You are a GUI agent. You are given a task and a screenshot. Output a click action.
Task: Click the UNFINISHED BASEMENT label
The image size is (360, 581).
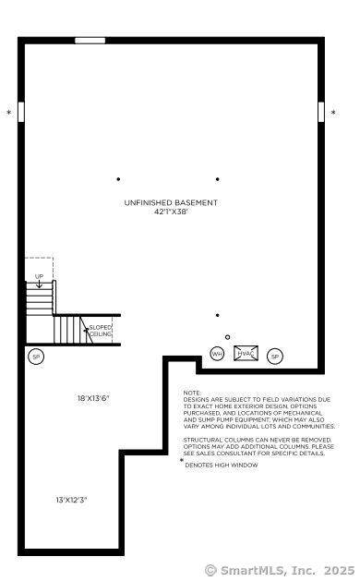point(171,202)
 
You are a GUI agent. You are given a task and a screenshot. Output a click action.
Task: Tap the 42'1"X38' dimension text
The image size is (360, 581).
point(171,212)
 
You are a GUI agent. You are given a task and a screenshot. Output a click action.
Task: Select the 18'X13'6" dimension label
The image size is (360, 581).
point(94,398)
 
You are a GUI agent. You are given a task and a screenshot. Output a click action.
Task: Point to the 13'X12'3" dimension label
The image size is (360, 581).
point(71,500)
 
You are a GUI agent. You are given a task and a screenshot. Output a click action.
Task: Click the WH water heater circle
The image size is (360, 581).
point(217,354)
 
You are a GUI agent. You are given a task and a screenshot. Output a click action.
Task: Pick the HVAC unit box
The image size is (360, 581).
point(246,354)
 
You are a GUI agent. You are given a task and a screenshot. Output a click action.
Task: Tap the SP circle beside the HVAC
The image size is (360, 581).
point(275,357)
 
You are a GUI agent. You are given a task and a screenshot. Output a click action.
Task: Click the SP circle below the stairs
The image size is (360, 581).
point(36,357)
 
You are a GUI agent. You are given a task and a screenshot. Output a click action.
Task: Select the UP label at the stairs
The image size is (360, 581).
point(40,276)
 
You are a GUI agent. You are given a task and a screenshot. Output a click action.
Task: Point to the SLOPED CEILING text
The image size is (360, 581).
point(100,331)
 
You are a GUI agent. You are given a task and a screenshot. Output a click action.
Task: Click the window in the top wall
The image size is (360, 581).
point(90,41)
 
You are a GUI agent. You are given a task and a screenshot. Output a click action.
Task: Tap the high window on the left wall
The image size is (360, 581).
point(21,112)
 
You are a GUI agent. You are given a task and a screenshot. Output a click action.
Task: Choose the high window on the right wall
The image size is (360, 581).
point(321,112)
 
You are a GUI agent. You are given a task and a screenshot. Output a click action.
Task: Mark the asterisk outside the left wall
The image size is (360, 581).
point(9,113)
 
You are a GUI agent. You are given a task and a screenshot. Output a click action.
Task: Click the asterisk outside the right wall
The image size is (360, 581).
point(334,113)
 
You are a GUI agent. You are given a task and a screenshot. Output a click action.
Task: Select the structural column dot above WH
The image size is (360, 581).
point(218,315)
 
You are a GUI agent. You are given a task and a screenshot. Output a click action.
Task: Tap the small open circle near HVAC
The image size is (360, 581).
point(227,337)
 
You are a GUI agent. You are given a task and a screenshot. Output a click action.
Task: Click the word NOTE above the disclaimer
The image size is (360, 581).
point(192,393)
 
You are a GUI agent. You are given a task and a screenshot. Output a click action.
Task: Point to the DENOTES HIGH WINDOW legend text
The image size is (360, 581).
point(222,465)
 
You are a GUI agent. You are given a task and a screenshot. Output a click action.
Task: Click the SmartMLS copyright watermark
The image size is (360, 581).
point(280,570)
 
